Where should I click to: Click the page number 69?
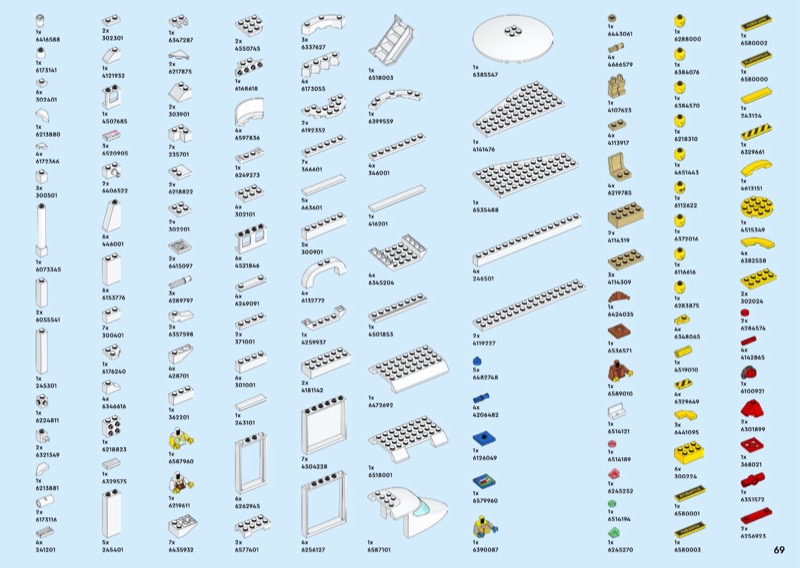pyautogui.click(x=778, y=548)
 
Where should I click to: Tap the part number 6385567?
pyautogui.click(x=486, y=76)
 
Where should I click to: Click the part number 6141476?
pyautogui.click(x=486, y=148)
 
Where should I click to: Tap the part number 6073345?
pyautogui.click(x=48, y=269)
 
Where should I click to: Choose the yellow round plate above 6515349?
pyautogui.click(x=753, y=210)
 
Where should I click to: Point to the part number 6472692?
pyautogui.click(x=382, y=405)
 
